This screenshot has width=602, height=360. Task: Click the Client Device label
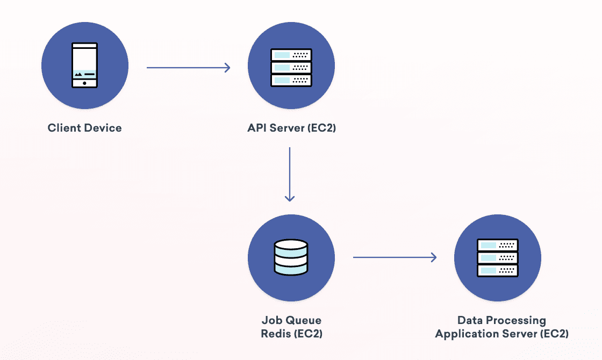(x=84, y=128)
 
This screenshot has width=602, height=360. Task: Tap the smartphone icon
(x=85, y=66)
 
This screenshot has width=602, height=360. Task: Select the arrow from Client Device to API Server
(x=188, y=68)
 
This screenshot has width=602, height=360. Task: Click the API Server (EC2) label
(x=291, y=128)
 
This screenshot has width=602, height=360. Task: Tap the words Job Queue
(x=291, y=321)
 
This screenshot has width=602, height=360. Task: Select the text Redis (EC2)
(x=291, y=334)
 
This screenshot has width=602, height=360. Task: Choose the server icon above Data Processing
(x=498, y=258)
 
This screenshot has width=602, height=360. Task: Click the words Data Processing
(x=501, y=321)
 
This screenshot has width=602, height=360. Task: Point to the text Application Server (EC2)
(x=501, y=334)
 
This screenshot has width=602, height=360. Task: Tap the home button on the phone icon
(x=85, y=83)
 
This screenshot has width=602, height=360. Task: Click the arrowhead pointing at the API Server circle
(x=227, y=68)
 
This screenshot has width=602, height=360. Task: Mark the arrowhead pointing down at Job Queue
(x=290, y=198)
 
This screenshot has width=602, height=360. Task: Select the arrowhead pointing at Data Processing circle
(x=433, y=257)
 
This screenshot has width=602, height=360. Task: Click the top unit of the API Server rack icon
(x=291, y=55)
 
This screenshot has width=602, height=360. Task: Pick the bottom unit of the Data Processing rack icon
(x=498, y=270)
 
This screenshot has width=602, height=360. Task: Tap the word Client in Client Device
(x=63, y=128)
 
